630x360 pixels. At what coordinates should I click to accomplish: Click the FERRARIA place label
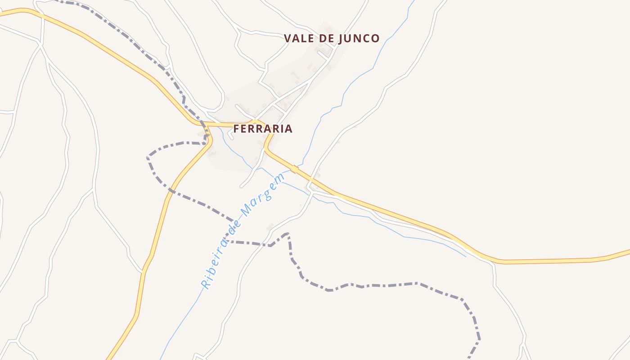(263, 129)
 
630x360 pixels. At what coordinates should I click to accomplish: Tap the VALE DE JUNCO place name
(332, 39)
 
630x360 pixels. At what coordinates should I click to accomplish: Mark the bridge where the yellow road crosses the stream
(294, 169)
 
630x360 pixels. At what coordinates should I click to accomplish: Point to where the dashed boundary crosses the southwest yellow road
(171, 191)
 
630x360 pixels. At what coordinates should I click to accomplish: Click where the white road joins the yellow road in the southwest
(144, 271)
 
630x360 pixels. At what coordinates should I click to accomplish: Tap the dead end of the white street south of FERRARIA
(241, 186)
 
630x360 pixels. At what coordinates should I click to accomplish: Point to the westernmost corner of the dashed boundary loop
(148, 157)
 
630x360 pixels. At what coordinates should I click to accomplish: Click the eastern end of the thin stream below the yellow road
(465, 256)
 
